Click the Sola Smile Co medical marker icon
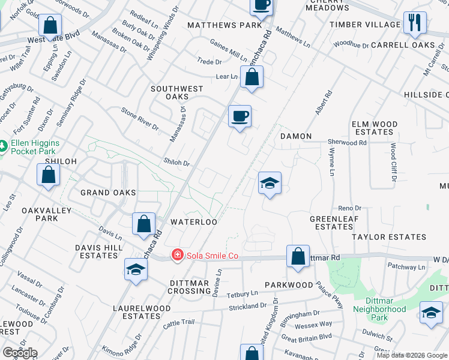click(x=177, y=256)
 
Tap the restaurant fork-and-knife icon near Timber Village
click(x=415, y=22)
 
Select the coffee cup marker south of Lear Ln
click(x=240, y=115)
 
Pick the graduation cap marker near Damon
click(x=270, y=182)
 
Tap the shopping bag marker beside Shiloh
click(x=49, y=175)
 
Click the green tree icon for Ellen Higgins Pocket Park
click(x=4, y=146)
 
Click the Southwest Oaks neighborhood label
click(x=177, y=92)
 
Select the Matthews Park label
click(x=224, y=25)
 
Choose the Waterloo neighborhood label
click(x=193, y=221)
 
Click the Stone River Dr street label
click(x=140, y=119)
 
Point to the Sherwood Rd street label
click(x=347, y=143)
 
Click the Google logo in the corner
click(x=20, y=353)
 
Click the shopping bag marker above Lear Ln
click(x=252, y=77)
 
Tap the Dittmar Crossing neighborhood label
click(x=189, y=287)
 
